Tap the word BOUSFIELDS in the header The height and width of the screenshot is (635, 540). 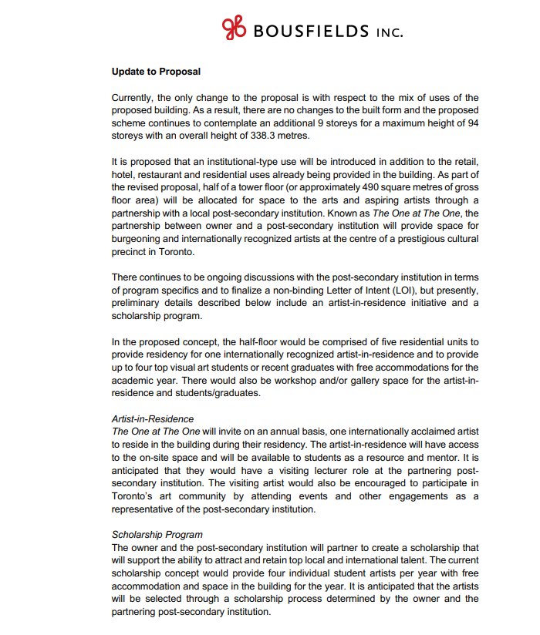click(310, 32)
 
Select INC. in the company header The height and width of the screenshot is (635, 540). click(389, 32)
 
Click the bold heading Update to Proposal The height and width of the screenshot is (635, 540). click(156, 72)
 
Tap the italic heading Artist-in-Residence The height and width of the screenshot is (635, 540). click(153, 419)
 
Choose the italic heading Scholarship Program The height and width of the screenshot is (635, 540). click(157, 534)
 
